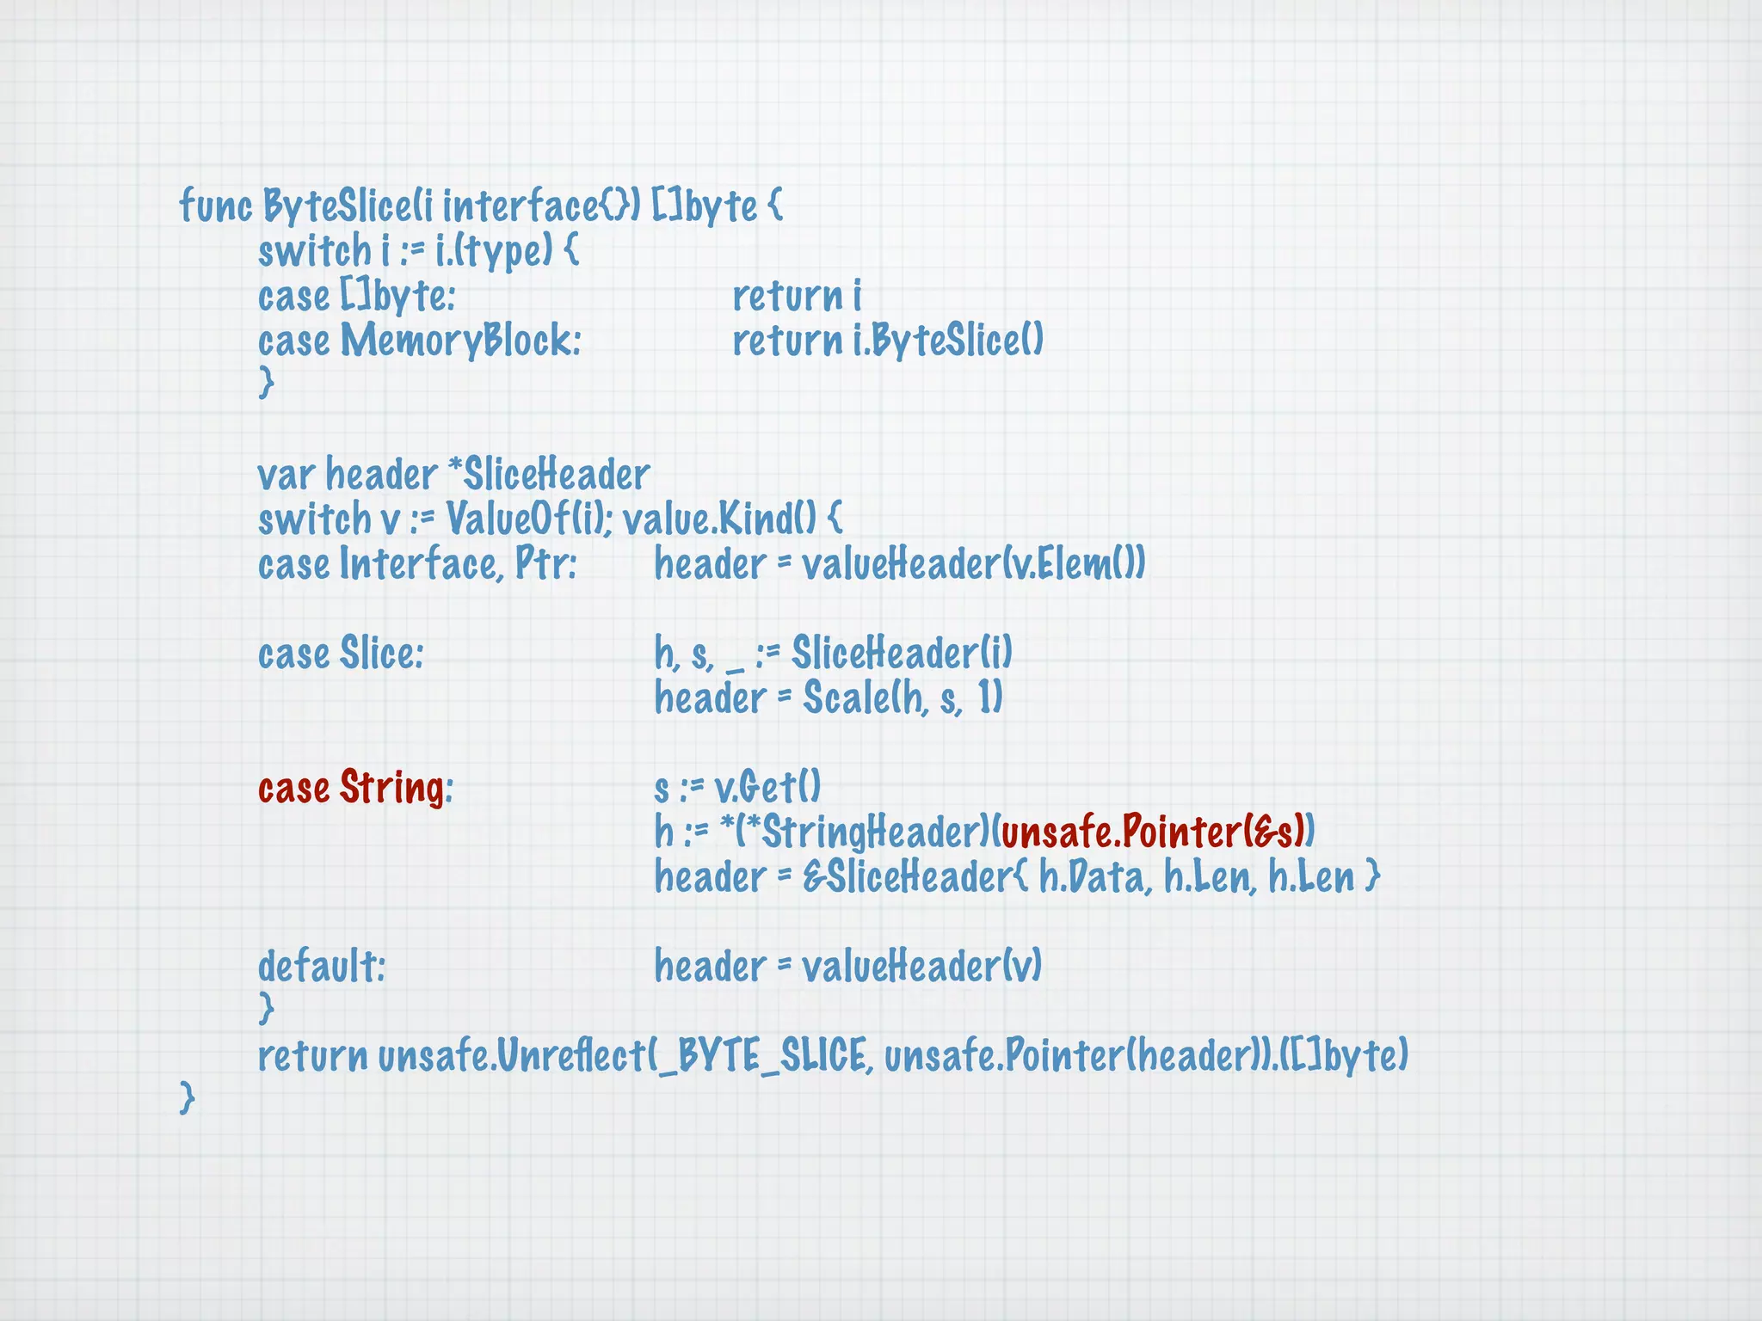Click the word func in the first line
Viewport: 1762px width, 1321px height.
click(215, 206)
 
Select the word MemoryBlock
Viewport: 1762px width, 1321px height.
click(460, 341)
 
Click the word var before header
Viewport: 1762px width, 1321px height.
click(286, 475)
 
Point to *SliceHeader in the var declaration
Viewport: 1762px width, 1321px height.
click(549, 475)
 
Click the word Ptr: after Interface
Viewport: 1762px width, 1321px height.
click(545, 565)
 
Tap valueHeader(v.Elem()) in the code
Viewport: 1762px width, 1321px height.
click(972, 565)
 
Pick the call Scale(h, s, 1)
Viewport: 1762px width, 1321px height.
click(903, 698)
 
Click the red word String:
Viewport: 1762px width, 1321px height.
click(396, 788)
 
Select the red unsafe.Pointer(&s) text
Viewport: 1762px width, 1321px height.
click(1153, 833)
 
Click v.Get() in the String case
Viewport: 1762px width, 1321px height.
click(767, 788)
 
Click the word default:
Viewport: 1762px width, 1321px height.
click(322, 967)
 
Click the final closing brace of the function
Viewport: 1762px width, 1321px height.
click(187, 1098)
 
